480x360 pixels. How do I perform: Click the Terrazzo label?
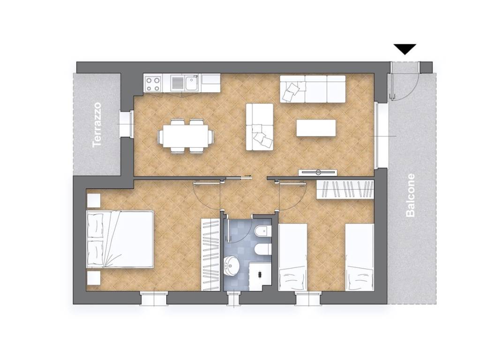[97, 125]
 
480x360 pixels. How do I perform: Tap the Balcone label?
[410, 195]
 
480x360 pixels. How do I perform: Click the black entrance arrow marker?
[405, 49]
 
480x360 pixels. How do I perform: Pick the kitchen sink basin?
[191, 83]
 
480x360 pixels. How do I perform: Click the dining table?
[185, 136]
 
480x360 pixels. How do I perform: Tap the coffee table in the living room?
[316, 128]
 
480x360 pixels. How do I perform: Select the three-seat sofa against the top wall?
[313, 89]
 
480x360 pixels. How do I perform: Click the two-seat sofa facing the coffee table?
[260, 127]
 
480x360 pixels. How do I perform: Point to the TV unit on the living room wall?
[318, 172]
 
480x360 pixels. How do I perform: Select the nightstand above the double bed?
[94, 201]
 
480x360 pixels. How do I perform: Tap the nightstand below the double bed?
[94, 278]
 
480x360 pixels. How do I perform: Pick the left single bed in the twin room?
[293, 257]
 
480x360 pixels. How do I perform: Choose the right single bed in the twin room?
[360, 257]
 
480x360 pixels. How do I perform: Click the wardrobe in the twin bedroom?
[345, 190]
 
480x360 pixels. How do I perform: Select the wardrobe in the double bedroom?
[210, 255]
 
